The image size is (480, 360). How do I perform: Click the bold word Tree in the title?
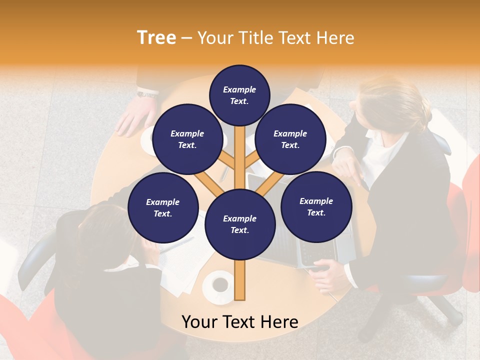[x=156, y=38]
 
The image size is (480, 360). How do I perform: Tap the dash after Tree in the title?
[x=186, y=38]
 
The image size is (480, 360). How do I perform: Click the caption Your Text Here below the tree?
[x=240, y=322]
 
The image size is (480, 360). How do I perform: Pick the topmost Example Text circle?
[x=239, y=95]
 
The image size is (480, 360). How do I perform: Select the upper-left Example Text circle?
[x=187, y=139]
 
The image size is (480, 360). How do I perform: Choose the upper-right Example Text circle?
[x=290, y=139]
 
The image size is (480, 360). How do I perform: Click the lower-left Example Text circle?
[x=163, y=208]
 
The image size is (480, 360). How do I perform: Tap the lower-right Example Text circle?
[x=316, y=206]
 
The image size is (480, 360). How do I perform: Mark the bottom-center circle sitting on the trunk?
[x=239, y=224]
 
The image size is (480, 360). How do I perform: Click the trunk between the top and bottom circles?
[x=239, y=155]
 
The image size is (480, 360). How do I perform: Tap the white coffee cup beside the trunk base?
[x=219, y=285]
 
